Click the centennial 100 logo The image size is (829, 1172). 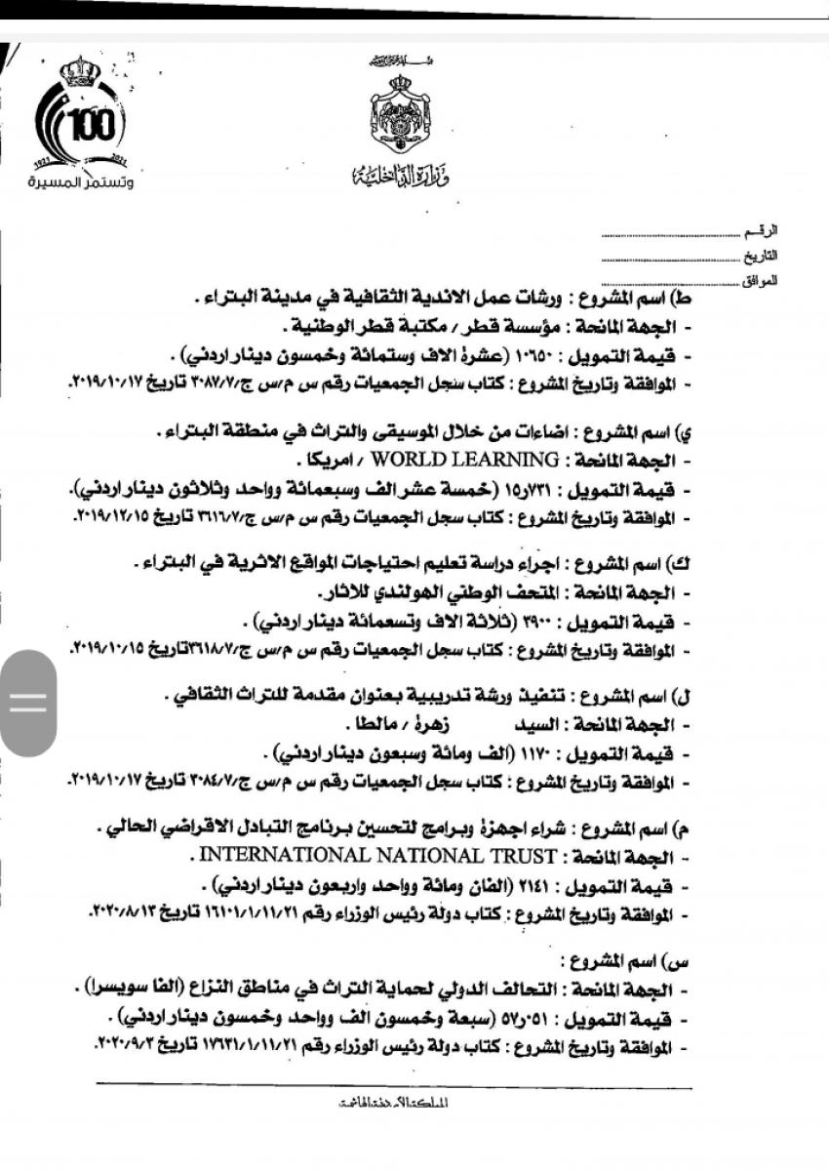[84, 122]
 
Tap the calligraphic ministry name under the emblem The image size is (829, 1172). [389, 176]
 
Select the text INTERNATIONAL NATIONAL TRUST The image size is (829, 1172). [376, 856]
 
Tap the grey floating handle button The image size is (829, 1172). [27, 703]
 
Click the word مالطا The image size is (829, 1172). [373, 726]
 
